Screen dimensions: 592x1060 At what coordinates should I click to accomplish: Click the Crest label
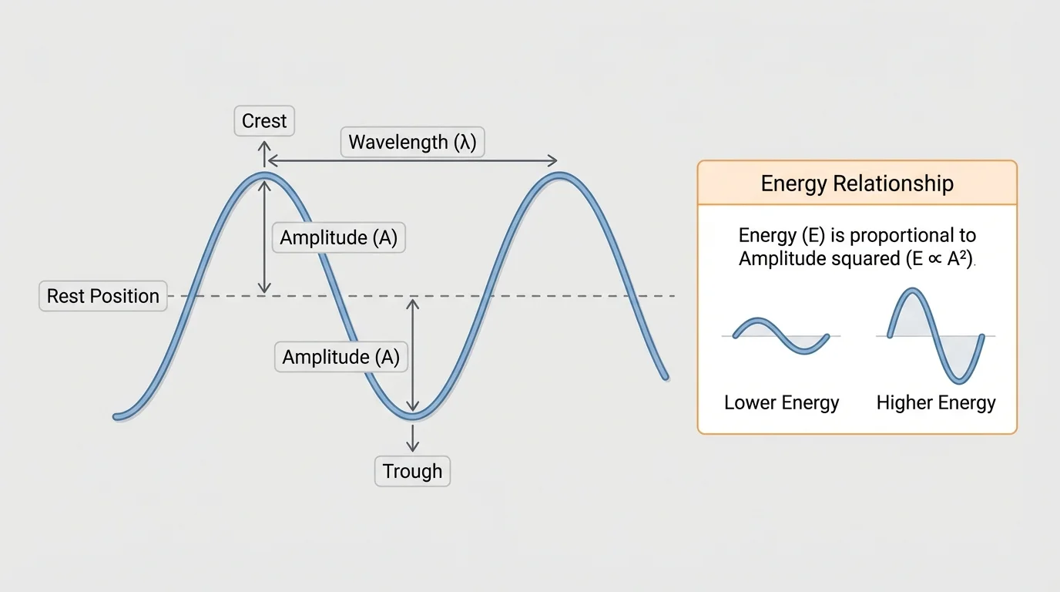[x=263, y=121]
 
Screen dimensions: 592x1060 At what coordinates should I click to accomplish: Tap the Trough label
[x=412, y=471]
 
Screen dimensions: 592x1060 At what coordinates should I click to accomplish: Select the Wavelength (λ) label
[x=412, y=142]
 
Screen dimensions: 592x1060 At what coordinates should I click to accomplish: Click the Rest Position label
[x=102, y=296]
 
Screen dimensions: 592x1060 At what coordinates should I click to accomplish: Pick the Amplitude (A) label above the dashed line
[x=338, y=237]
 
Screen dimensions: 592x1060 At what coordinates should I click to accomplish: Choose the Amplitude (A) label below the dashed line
[x=340, y=357]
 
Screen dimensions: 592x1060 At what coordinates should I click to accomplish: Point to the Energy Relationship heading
[x=857, y=183]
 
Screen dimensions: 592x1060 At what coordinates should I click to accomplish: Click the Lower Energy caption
[x=781, y=402]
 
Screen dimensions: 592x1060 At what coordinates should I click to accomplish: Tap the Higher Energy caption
[x=936, y=402]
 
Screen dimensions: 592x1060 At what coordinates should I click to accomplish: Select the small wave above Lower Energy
[x=781, y=335]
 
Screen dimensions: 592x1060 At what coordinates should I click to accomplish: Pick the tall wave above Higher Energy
[x=936, y=335]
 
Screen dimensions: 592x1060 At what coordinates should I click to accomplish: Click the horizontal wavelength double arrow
[x=411, y=161]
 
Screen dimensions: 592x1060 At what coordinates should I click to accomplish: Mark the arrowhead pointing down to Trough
[x=413, y=446]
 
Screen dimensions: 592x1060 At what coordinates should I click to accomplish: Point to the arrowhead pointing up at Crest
[x=265, y=146]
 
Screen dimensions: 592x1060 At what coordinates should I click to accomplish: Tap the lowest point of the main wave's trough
[x=413, y=417]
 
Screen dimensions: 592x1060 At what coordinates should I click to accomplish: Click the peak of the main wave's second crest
[x=560, y=177]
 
